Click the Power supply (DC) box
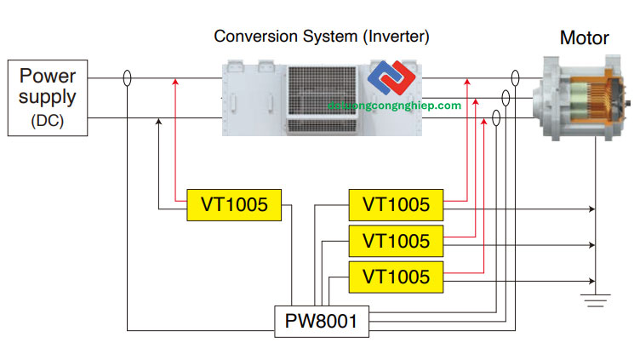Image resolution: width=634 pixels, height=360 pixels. click(47, 98)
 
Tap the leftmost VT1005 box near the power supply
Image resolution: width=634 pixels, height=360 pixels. click(234, 204)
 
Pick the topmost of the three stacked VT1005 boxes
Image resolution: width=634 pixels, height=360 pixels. click(396, 204)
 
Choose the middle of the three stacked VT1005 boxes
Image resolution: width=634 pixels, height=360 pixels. click(396, 240)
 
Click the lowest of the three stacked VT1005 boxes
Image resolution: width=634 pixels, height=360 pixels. click(396, 276)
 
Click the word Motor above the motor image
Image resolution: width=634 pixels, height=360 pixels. click(584, 38)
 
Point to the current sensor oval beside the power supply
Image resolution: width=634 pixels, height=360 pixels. click(127, 79)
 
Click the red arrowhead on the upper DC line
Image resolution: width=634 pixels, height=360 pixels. click(175, 83)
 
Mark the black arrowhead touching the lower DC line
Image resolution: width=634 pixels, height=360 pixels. click(159, 123)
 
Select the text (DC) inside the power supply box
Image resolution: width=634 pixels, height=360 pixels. click(47, 119)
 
